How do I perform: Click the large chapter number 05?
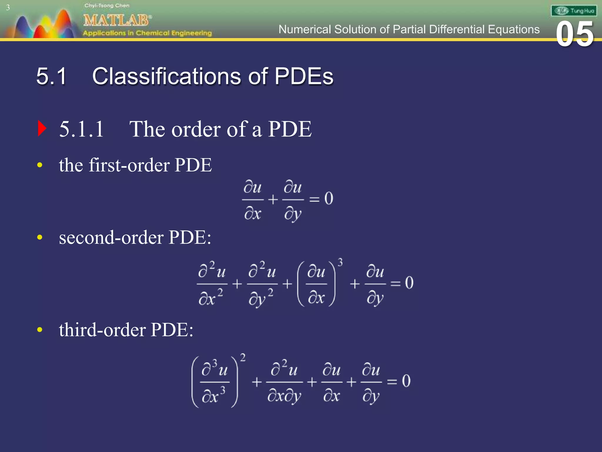coord(575,34)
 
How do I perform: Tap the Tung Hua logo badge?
coord(574,11)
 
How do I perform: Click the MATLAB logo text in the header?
coord(117,21)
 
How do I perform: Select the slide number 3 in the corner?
coord(8,8)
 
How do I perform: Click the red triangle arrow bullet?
coord(42,129)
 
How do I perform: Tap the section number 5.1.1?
coord(81,129)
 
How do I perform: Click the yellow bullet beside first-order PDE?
coord(40,165)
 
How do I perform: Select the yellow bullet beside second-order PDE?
coord(40,237)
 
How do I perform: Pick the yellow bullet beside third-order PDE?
coord(40,330)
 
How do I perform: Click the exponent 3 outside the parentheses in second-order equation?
coord(340,262)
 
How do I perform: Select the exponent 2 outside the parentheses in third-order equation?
coord(243,358)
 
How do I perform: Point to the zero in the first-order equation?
coord(329,198)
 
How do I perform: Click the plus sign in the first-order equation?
coord(273,200)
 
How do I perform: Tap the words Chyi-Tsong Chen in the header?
coord(107,6)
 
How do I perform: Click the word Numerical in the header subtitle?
coord(304,29)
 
